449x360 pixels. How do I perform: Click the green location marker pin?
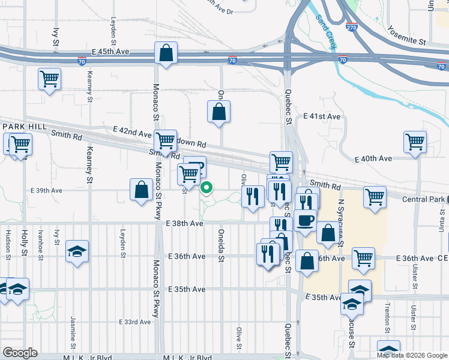[x=206, y=188]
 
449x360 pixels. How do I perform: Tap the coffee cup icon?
[x=305, y=220]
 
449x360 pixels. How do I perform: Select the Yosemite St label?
[x=406, y=35]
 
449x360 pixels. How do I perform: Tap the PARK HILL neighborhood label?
[x=20, y=127]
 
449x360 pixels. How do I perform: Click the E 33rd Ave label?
[x=135, y=322]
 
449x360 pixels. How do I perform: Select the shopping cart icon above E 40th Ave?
[x=415, y=142]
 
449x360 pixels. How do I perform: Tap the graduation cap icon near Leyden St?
[x=77, y=252]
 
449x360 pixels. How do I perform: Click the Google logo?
[x=20, y=353]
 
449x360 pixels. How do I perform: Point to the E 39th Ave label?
[x=47, y=190]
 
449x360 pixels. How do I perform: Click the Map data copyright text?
[x=411, y=355]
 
